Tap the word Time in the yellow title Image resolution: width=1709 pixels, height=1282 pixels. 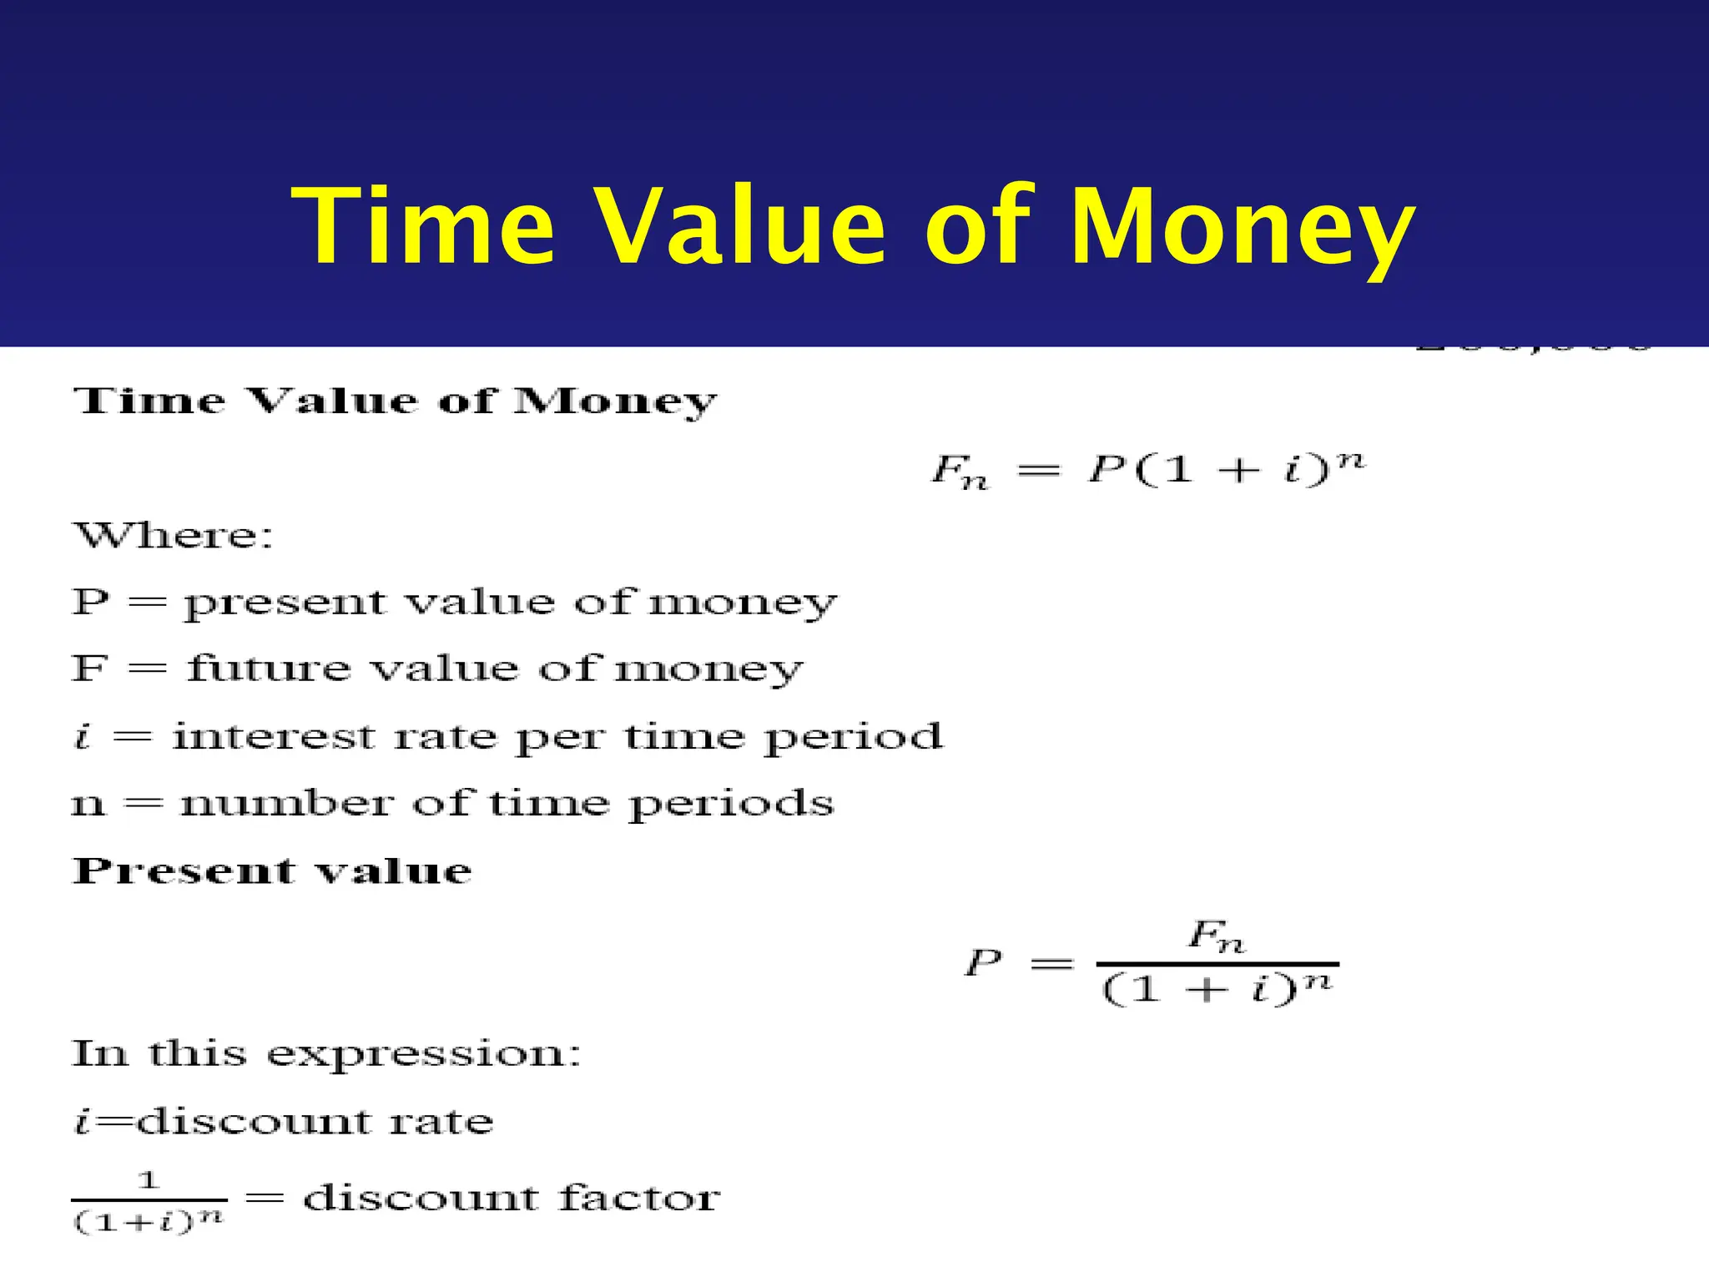422,227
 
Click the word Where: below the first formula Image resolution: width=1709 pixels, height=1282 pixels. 173,536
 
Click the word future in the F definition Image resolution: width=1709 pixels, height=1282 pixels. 269,669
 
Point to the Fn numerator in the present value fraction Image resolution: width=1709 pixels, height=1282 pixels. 1216,936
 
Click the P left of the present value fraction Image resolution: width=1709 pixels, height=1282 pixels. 983,963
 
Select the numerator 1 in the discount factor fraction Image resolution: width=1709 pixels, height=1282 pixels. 149,1180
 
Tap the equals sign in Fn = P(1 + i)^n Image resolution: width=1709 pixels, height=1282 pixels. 1039,472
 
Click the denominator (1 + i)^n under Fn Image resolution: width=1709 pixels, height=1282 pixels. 1217,989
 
